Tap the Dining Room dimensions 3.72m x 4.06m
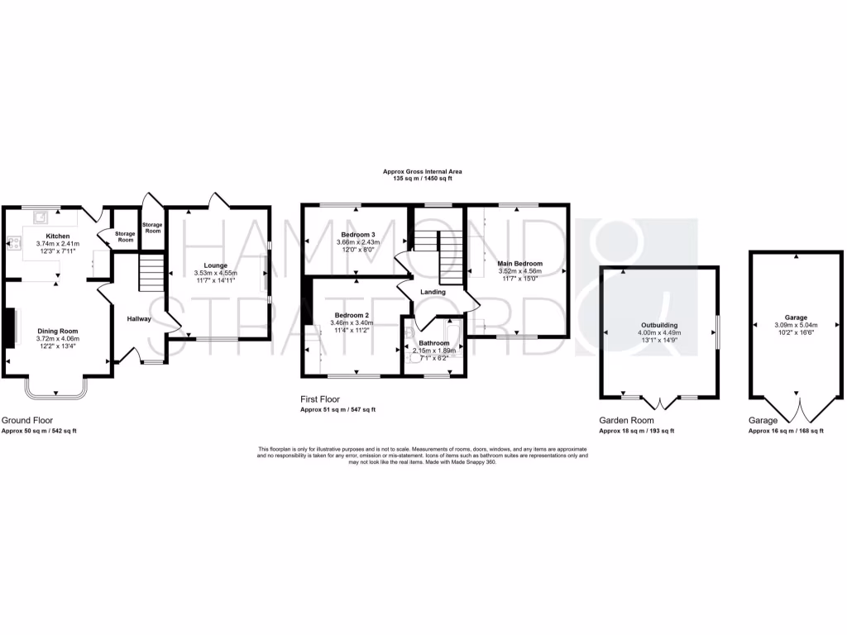pos(57,338)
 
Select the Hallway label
pos(138,319)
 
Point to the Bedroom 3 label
pos(358,235)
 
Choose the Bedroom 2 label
pos(351,316)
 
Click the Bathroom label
pos(433,342)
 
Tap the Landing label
pos(433,292)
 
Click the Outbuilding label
pos(660,326)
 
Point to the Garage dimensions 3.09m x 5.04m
pos(797,325)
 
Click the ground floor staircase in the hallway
pos(150,273)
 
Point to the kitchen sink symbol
pos(38,217)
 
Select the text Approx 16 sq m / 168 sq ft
pos(786,431)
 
